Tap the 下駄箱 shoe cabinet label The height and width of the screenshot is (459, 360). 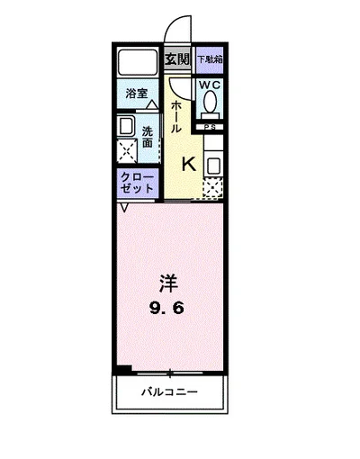(210, 60)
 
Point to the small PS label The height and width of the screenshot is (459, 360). (210, 128)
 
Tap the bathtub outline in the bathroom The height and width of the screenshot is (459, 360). (138, 63)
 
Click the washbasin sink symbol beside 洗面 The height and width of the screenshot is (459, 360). (127, 126)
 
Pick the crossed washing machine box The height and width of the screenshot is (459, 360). (127, 150)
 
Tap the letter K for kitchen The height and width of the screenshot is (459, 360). (189, 164)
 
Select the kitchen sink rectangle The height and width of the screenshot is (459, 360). (213, 165)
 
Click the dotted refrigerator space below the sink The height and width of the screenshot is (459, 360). (212, 188)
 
